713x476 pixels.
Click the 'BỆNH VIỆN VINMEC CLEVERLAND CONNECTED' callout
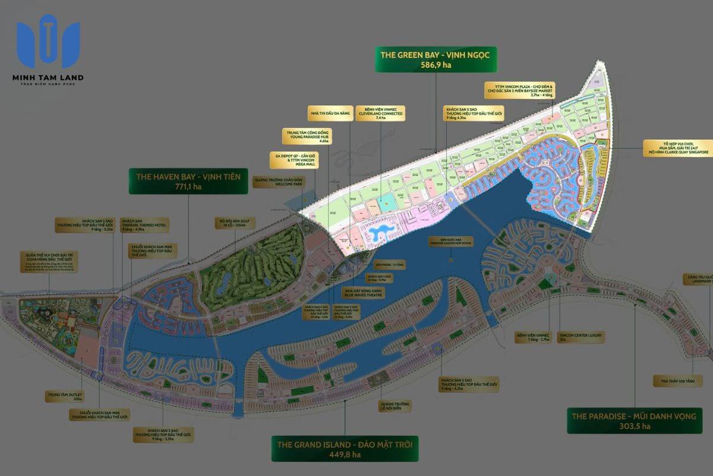[381, 113]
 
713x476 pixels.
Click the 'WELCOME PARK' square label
[278, 181]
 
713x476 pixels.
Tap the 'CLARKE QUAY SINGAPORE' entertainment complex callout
[678, 147]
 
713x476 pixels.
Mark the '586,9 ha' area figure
[436, 65]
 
